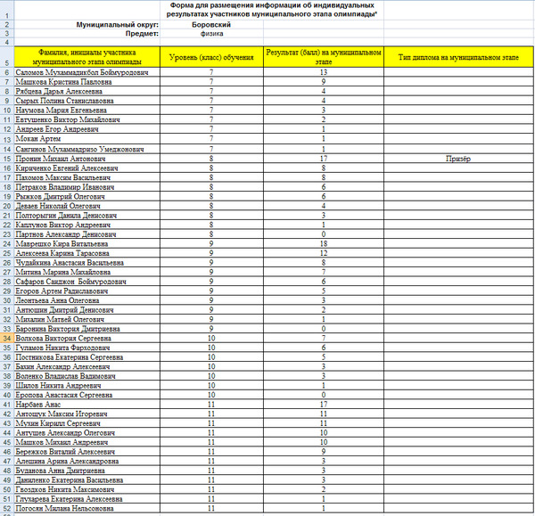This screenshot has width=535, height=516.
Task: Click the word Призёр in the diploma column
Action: coord(457,157)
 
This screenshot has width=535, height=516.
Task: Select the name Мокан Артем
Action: coord(35,138)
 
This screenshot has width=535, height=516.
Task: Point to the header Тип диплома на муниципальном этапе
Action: coord(457,55)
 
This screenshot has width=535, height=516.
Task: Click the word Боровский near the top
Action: coord(211,24)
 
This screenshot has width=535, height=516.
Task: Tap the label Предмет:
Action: coord(143,34)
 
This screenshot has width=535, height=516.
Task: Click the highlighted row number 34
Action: coord(7,338)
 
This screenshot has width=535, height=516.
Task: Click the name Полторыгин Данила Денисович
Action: coord(67,214)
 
